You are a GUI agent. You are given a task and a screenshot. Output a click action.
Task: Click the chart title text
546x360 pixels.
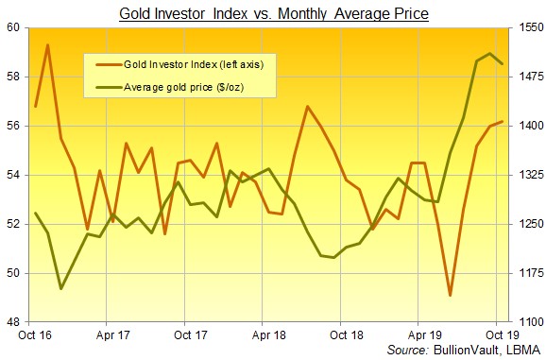coord(273,13)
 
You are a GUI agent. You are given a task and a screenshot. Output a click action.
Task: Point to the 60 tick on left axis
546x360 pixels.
coord(16,27)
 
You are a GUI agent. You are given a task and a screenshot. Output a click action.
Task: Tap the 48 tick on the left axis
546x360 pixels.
coord(16,322)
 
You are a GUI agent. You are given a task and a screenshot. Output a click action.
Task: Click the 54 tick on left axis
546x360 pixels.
coord(16,175)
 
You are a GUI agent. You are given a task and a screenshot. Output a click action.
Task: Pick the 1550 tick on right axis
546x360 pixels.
coord(530,27)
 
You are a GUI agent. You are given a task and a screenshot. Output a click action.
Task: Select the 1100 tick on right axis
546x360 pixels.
coord(530,322)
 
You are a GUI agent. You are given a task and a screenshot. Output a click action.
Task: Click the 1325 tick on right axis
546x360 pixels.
coord(530,175)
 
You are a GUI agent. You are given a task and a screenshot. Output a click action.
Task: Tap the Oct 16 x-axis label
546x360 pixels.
coord(35,334)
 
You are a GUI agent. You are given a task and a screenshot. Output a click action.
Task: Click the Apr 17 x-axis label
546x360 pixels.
coord(113,334)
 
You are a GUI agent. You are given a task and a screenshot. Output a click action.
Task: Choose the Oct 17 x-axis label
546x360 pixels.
coord(191,334)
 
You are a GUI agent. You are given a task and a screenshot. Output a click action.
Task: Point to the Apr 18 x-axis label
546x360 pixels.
coord(269,334)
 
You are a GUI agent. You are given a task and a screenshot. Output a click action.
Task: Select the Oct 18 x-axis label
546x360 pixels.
coord(346,334)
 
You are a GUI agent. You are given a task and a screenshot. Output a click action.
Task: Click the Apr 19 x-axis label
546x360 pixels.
coord(424,334)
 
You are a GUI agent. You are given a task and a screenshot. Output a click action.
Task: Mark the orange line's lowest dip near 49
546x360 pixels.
coord(450,295)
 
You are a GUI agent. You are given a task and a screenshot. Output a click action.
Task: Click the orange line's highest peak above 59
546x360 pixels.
coord(48,44)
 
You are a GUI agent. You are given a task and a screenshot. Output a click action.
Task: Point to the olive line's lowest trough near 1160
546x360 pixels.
coord(61,288)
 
